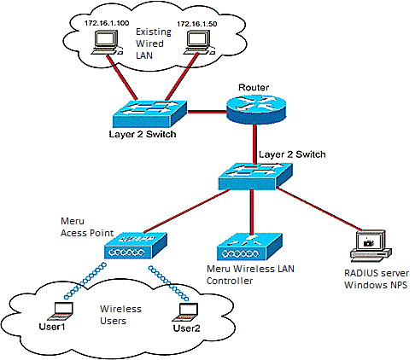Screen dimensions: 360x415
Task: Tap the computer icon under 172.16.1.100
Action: point(106,44)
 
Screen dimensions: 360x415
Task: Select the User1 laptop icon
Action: point(61,311)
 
